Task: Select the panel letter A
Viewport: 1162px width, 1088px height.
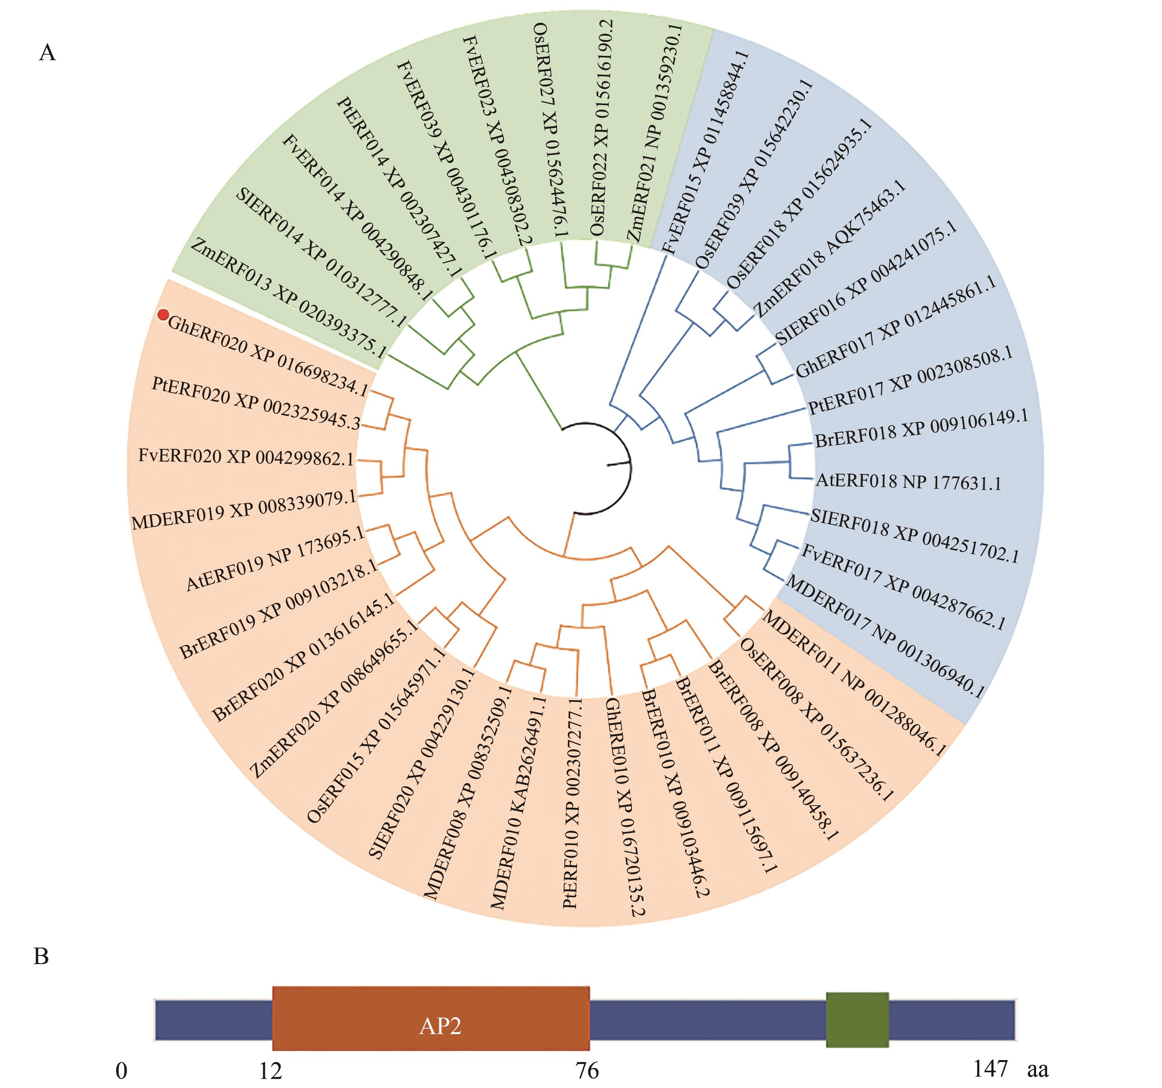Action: click(47, 53)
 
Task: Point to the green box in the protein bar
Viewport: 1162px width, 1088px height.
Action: click(857, 1019)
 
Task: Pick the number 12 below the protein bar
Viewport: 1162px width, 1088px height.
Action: click(271, 1071)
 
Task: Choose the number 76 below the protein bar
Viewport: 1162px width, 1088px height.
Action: click(587, 1071)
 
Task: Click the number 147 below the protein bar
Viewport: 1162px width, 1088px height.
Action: click(990, 1069)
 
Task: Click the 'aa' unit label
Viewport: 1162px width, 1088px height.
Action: click(1038, 1070)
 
